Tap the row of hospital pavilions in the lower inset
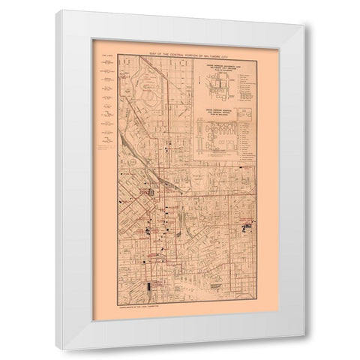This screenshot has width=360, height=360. [x=224, y=143]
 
